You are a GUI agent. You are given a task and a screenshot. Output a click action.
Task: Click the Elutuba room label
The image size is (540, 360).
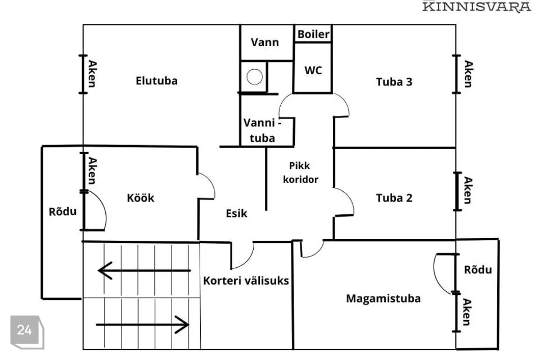click(156, 80)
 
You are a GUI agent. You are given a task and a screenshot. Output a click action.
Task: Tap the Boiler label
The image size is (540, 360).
click(313, 34)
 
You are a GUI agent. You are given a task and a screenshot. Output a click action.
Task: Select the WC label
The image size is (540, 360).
click(313, 70)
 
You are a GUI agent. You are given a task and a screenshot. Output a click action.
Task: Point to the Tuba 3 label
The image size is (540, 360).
click(394, 82)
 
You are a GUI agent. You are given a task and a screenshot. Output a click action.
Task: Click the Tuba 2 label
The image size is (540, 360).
click(394, 197)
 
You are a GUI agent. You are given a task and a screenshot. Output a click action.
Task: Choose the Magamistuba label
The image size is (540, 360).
click(383, 298)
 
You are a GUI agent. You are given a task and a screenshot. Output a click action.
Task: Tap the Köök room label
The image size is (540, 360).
click(140, 197)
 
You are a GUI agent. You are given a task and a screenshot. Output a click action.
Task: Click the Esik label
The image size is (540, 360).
click(236, 213)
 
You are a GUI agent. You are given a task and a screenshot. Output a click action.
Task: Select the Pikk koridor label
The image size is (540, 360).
click(304, 173)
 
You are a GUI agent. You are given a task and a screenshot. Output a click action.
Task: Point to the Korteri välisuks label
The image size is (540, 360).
click(246, 280)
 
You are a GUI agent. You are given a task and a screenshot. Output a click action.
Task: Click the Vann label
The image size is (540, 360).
click(264, 42)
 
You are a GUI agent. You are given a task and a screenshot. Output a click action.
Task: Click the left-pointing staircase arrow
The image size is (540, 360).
click(144, 271)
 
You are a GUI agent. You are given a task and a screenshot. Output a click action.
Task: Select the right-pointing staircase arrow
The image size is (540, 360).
click(143, 324)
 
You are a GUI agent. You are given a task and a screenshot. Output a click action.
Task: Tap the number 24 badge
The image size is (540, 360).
click(25, 330)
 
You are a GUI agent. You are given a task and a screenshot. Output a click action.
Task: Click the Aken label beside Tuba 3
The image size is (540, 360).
click(468, 74)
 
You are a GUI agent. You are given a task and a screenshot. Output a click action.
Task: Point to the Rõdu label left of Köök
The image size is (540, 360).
click(62, 211)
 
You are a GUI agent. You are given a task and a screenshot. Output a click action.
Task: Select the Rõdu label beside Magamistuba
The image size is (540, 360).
click(478, 269)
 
